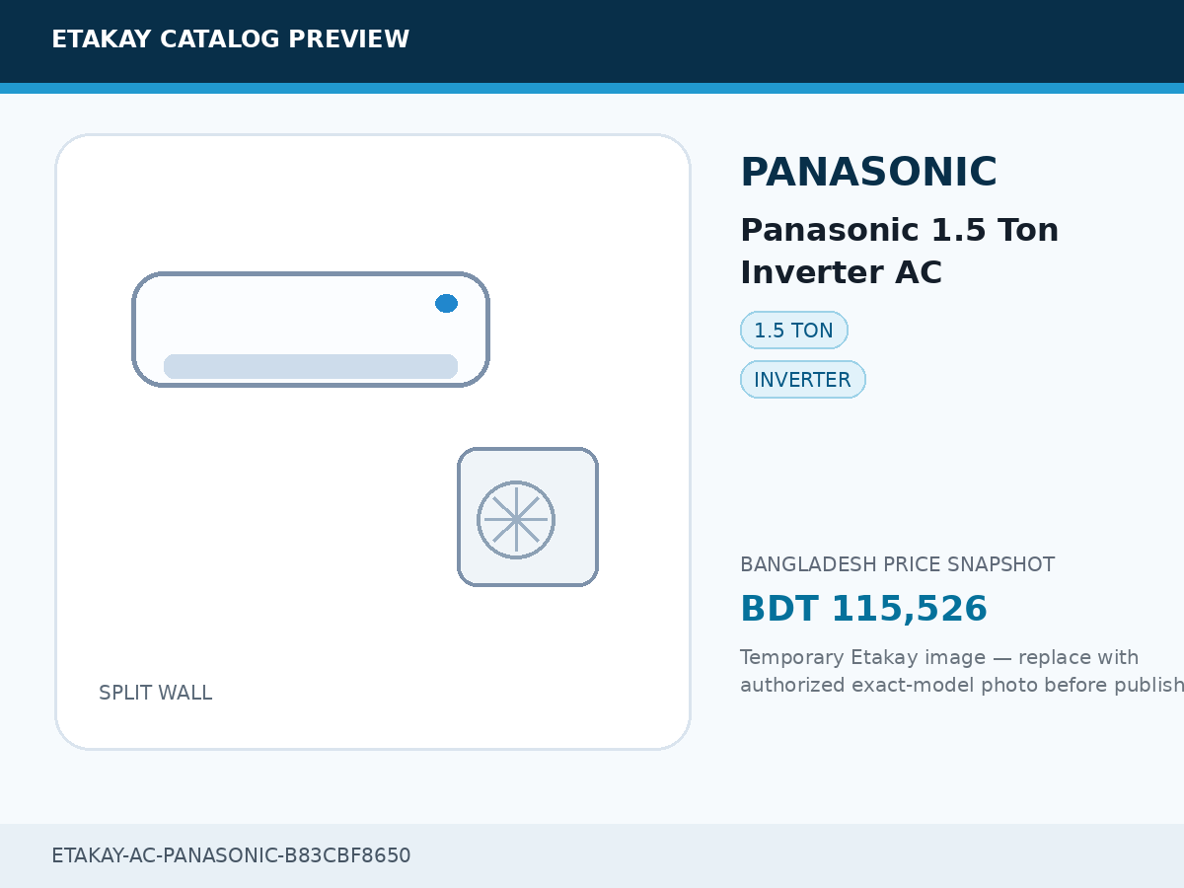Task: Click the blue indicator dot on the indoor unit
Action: (446, 304)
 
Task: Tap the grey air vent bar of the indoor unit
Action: (311, 367)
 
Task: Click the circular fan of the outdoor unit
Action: (516, 520)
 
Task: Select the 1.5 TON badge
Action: (794, 330)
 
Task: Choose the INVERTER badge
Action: (802, 380)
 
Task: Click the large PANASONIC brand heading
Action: (869, 172)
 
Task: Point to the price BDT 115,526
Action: (864, 609)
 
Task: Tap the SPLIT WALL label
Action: (155, 693)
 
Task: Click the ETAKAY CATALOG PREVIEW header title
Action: (230, 39)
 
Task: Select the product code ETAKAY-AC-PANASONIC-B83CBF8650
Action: (231, 855)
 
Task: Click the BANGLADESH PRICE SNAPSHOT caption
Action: (897, 564)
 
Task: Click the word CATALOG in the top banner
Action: (220, 39)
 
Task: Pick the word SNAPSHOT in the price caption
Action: (1000, 564)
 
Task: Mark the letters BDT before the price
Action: (780, 609)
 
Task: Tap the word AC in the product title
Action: (919, 272)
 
